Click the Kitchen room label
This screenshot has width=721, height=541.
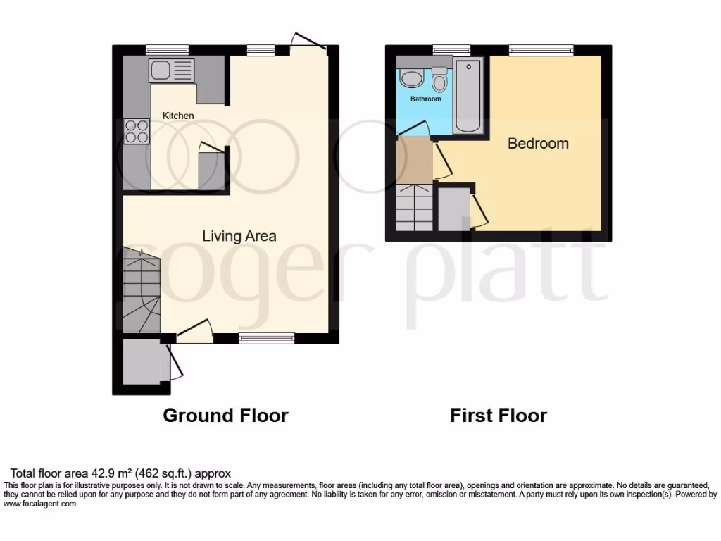(178, 116)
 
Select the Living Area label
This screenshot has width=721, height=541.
(239, 236)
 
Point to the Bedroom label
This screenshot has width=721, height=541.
(538, 144)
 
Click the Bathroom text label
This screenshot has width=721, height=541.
(426, 99)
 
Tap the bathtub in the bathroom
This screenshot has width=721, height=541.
(468, 97)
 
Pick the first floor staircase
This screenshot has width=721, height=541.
(414, 207)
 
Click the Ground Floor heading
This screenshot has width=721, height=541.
(225, 416)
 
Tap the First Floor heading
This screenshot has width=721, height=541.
(499, 416)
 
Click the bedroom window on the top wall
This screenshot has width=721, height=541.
(541, 50)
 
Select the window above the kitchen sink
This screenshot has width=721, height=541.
(168, 50)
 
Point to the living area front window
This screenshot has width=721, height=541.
(266, 338)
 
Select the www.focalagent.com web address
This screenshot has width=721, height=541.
(40, 504)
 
